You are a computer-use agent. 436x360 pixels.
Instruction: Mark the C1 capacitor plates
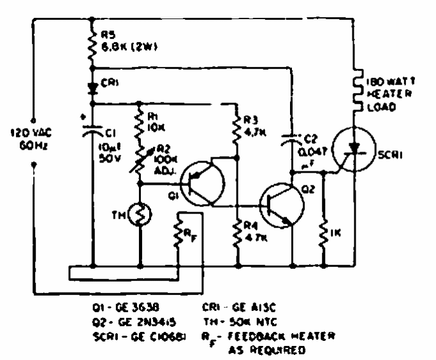click(x=93, y=132)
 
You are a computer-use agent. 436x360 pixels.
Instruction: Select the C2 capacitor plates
click(x=293, y=136)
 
